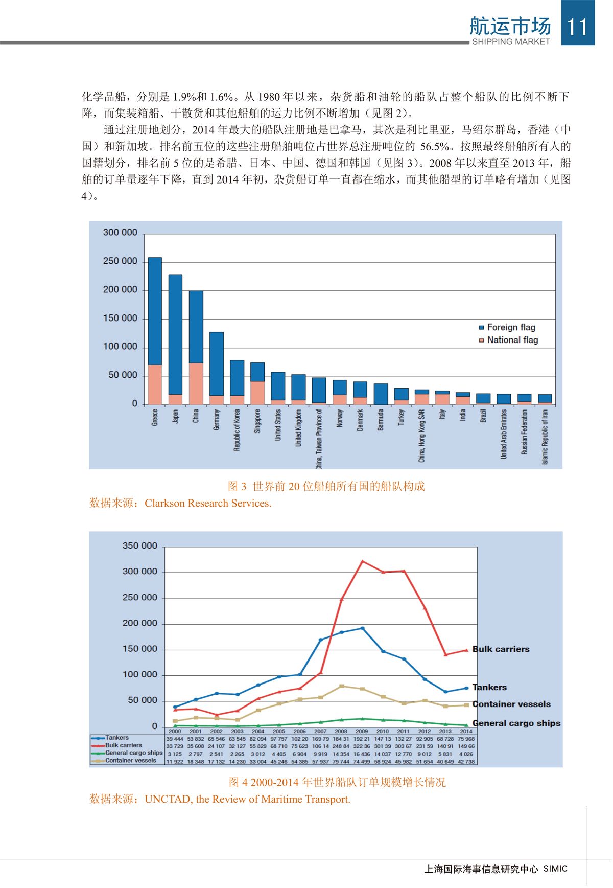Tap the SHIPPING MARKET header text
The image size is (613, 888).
coord(511,42)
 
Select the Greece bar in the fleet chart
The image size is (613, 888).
coord(155,331)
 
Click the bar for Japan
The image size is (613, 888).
coord(175,339)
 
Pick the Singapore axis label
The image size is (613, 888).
coord(257,421)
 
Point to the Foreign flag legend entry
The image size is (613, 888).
coord(510,327)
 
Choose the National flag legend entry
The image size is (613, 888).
coord(512,340)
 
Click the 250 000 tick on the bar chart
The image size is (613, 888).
coord(120,261)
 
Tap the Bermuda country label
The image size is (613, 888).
coord(381,420)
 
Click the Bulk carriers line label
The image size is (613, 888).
coord(501,649)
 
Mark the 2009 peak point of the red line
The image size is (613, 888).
coord(362,561)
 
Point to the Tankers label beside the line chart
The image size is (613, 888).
coord(489,688)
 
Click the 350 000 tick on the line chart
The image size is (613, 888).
coord(139,546)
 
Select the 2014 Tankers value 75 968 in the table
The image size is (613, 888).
coord(466,739)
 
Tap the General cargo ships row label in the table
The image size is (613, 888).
coord(133,753)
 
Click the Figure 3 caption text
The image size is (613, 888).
coord(326,486)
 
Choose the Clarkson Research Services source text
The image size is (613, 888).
coord(207,503)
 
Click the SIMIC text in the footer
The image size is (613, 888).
coord(555,869)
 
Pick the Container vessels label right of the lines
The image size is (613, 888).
coord(511,704)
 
